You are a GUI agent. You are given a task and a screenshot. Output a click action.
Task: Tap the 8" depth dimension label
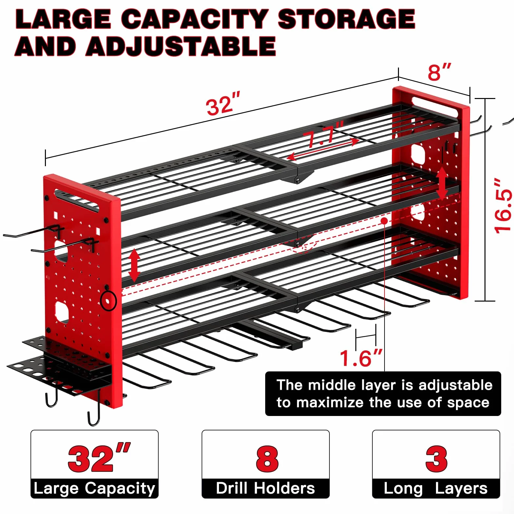439,72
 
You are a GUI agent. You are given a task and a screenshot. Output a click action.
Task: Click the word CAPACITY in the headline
195,19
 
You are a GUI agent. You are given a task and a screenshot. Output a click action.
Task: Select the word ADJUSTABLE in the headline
181,46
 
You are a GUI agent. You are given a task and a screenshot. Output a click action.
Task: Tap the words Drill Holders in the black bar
266,488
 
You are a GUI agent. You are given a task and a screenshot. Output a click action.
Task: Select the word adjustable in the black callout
455,385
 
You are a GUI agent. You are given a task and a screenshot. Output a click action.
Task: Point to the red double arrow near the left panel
134,265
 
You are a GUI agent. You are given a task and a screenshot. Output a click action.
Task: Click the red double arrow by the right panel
442,183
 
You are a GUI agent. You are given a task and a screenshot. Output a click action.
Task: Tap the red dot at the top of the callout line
384,221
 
